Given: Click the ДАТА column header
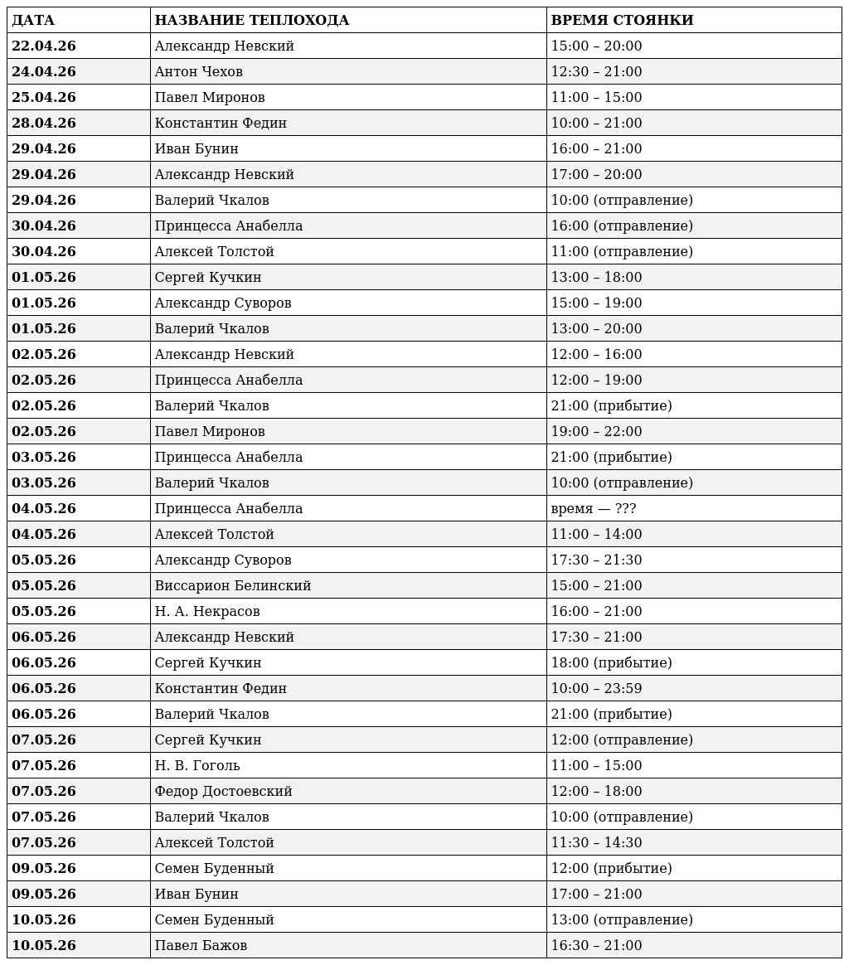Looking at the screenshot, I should (33, 21).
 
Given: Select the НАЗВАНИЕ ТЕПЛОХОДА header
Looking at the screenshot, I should (251, 21).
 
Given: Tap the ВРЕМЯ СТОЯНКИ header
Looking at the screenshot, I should (622, 21).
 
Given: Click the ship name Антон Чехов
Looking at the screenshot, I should (198, 72).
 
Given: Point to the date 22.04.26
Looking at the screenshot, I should (43, 46).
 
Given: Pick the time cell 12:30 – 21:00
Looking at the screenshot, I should (596, 72).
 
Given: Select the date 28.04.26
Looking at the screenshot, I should (43, 124).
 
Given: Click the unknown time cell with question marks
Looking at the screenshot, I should (593, 509).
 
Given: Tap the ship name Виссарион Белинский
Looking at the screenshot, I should (232, 586).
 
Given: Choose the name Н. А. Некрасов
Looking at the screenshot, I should (206, 612).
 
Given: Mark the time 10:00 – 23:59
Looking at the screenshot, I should (596, 689).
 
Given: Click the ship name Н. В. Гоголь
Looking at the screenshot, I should (196, 766).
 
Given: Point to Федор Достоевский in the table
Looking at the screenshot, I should (223, 792).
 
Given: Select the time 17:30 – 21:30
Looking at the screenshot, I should (596, 560).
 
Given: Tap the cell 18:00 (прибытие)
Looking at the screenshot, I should (611, 663).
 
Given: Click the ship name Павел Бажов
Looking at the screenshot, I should (201, 946).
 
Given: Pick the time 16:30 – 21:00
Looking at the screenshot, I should (596, 946).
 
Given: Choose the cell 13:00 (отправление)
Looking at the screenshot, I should (622, 920).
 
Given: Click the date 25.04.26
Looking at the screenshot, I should (43, 98).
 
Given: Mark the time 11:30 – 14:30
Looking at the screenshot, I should (596, 843).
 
